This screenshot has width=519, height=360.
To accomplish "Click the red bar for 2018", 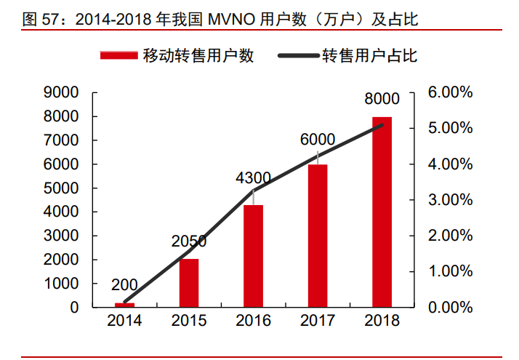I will click(x=382, y=212).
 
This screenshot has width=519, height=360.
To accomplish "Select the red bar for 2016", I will click(x=253, y=256).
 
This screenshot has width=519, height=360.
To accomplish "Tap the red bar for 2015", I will click(x=189, y=283).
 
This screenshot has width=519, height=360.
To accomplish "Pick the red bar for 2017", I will click(x=317, y=236).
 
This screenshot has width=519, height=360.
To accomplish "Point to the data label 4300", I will click(x=253, y=177).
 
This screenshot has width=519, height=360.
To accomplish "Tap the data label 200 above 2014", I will click(x=125, y=286).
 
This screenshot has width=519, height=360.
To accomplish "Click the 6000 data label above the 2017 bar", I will click(x=317, y=140).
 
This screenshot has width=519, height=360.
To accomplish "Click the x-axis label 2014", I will click(x=125, y=321).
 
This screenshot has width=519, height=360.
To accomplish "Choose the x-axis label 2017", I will click(x=317, y=321).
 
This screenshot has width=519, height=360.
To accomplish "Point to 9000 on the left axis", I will click(x=62, y=92).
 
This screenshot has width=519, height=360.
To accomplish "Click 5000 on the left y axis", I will click(x=62, y=188).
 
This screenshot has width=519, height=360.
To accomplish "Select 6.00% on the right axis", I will click(x=450, y=92).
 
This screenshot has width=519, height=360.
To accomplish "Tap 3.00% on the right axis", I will click(x=450, y=200).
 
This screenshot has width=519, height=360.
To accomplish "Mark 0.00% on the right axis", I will click(x=450, y=308).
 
